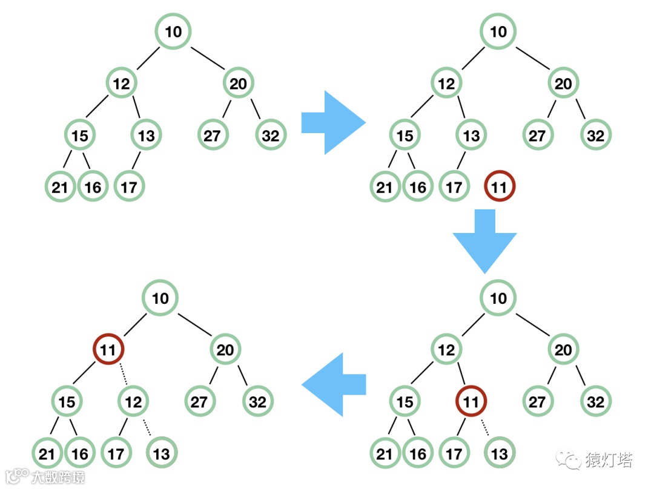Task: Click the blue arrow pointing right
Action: tap(332, 122)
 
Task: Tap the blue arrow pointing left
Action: tap(335, 384)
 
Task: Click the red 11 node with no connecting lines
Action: tap(499, 188)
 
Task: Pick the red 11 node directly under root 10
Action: tap(108, 349)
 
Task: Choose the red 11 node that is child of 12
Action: tap(471, 401)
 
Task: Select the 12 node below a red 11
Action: tap(134, 401)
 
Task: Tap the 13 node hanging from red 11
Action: tap(499, 453)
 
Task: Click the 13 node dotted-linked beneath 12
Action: tap(162, 453)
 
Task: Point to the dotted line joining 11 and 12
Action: tap(122, 375)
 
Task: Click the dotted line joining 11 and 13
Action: tap(485, 427)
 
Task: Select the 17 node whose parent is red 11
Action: tap(454, 453)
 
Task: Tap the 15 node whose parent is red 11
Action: tap(67, 401)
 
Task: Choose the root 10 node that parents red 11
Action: tap(160, 298)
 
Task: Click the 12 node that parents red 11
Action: tap(446, 349)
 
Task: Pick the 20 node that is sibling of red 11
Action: tap(225, 349)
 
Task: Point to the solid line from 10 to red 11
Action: tap(134, 324)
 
